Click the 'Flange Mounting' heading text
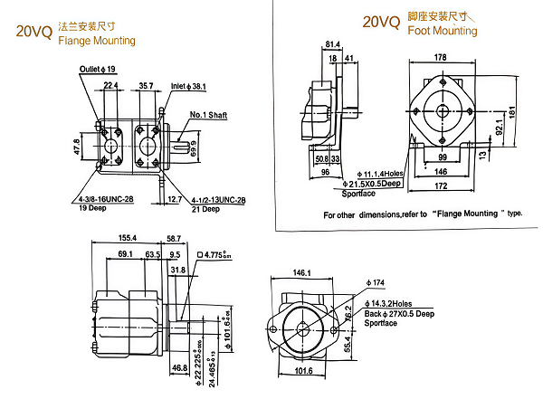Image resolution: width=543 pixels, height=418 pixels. pyautogui.click(x=96, y=41)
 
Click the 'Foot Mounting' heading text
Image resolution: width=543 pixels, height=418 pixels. pyautogui.click(x=443, y=31)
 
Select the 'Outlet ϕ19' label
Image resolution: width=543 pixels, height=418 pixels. pyautogui.click(x=99, y=69)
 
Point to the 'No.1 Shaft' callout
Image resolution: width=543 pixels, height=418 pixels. pyautogui.click(x=208, y=115)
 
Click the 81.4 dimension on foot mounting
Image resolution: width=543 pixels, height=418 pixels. pyautogui.click(x=331, y=43)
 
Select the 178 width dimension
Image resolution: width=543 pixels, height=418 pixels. pyautogui.click(x=441, y=57)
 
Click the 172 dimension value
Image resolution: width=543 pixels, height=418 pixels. pyautogui.click(x=440, y=185)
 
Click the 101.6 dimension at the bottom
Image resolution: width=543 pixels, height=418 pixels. pyautogui.click(x=302, y=370)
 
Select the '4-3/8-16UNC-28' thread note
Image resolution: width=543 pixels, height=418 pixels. pyautogui.click(x=107, y=199)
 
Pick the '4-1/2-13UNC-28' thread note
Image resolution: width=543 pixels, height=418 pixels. pyautogui.click(x=220, y=199)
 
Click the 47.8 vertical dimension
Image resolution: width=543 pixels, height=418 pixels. pyautogui.click(x=76, y=146)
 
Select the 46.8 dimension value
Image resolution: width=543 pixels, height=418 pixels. pyautogui.click(x=179, y=369)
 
